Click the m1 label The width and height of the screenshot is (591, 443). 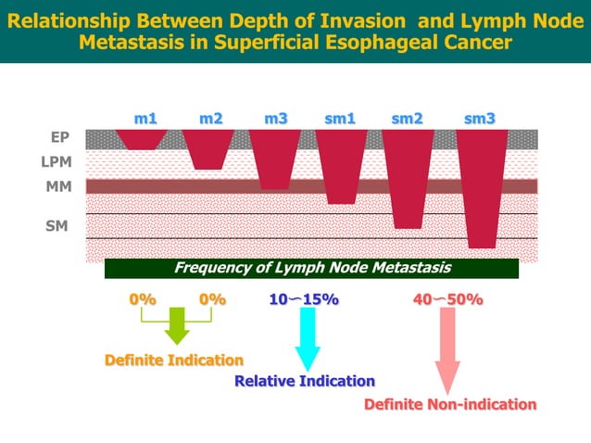[x=145, y=119]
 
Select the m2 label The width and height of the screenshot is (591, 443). [x=211, y=119]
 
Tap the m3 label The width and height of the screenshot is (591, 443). [x=275, y=119]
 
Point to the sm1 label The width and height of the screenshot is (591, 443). [x=340, y=119]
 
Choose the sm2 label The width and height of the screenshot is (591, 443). [x=408, y=119]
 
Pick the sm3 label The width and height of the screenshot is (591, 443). [x=480, y=119]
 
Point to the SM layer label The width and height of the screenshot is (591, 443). [x=57, y=224]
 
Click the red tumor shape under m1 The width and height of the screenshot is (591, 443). [x=142, y=139]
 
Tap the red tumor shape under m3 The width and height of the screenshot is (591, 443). [x=275, y=158]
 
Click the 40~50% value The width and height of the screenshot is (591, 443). [x=447, y=299]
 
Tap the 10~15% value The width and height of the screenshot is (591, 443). [x=304, y=299]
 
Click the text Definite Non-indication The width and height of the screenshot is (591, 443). [x=450, y=405]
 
